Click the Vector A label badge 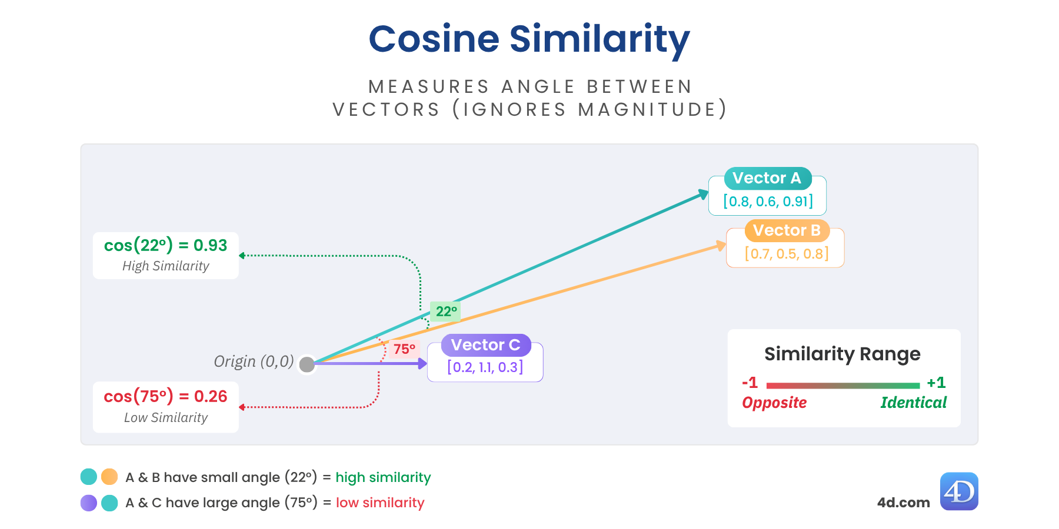click(768, 178)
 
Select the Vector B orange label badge click(787, 230)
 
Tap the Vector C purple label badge click(486, 345)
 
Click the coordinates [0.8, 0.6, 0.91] click(768, 202)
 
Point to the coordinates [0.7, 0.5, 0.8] click(787, 254)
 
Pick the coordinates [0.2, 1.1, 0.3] click(485, 367)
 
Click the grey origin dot click(307, 364)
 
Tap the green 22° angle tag click(445, 312)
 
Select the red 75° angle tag click(404, 349)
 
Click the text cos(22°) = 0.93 click(165, 245)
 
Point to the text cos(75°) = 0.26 click(165, 397)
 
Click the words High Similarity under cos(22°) click(166, 266)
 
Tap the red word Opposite click(774, 403)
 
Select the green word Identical click(914, 403)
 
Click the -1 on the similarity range click(750, 383)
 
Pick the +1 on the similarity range click(937, 383)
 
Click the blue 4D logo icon click(959, 491)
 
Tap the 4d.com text click(904, 503)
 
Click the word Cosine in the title click(434, 39)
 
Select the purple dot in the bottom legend click(89, 503)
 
